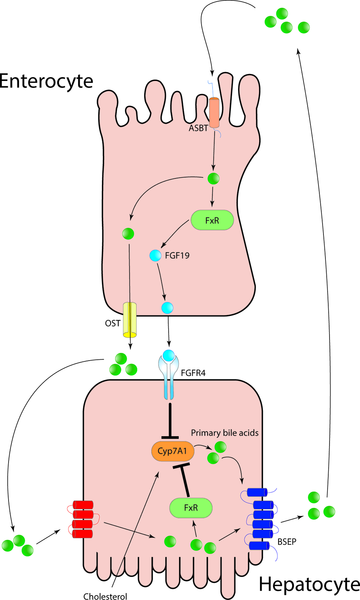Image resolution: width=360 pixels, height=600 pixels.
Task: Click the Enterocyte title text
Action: tap(46, 81)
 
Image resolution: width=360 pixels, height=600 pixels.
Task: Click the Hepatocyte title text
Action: tap(309, 585)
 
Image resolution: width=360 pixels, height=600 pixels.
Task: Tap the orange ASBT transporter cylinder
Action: tap(214, 113)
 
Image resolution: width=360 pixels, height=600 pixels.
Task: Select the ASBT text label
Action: tap(198, 128)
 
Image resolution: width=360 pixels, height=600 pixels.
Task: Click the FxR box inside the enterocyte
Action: tap(212, 220)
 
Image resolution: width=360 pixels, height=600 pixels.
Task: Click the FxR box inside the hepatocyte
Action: tap(191, 508)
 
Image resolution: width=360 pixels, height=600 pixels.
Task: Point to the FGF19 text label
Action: tap(177, 256)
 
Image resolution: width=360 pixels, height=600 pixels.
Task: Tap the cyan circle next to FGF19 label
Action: tap(156, 256)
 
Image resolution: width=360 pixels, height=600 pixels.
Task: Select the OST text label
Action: tap(113, 324)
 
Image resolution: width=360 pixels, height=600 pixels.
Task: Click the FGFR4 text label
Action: tap(193, 373)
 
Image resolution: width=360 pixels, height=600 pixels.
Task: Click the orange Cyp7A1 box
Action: tap(172, 451)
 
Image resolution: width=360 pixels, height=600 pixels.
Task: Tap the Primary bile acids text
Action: tap(225, 433)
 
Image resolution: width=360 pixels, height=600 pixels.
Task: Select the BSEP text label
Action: tap(287, 542)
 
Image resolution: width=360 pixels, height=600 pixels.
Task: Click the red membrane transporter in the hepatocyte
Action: tap(83, 519)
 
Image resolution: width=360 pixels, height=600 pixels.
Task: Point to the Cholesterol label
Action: tap(105, 596)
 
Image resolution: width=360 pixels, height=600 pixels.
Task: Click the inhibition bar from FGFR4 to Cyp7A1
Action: tap(170, 421)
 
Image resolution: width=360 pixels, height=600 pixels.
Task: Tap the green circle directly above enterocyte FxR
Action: tap(213, 178)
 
